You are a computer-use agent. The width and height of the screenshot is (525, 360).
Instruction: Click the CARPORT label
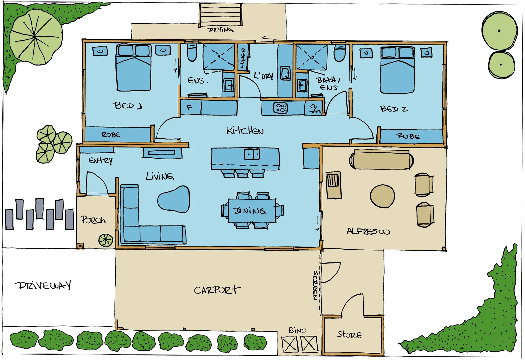(217, 290)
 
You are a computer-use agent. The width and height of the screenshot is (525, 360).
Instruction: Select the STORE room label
(349, 335)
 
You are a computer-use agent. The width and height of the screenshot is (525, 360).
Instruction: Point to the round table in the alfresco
(382, 196)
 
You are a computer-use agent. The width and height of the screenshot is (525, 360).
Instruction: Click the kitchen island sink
(252, 154)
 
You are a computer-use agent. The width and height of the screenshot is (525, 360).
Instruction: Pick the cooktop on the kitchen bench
(281, 108)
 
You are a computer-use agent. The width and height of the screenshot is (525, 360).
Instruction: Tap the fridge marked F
(191, 108)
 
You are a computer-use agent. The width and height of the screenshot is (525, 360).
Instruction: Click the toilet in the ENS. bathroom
(192, 52)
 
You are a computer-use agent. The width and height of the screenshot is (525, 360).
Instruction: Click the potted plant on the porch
(105, 240)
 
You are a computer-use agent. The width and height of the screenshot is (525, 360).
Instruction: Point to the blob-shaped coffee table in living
(174, 199)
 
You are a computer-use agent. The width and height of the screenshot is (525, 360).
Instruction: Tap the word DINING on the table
(249, 211)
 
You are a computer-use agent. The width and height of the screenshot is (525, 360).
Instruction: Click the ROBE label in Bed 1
(111, 135)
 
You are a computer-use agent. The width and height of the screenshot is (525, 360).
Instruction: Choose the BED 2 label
(394, 109)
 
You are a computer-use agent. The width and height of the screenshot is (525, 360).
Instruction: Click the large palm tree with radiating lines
(36, 37)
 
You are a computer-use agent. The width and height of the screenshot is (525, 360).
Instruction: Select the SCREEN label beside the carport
(315, 285)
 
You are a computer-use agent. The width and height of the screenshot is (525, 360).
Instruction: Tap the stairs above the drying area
(220, 15)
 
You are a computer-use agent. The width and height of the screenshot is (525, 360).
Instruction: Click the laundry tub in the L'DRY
(285, 73)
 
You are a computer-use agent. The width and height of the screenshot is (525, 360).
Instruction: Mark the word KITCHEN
(245, 131)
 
